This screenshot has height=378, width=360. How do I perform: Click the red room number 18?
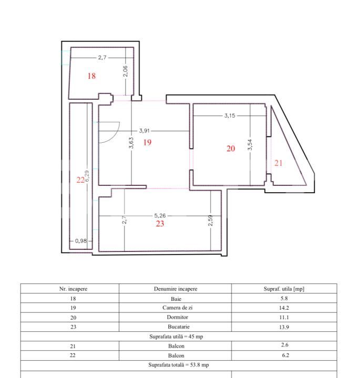tap(91, 76)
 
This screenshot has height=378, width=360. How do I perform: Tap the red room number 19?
tap(147, 142)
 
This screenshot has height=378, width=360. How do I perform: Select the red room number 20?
tap(231, 149)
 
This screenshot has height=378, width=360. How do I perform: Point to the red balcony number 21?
tap(278, 163)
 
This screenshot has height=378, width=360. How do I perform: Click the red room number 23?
tap(160, 224)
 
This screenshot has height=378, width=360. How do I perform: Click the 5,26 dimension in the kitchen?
tap(160, 215)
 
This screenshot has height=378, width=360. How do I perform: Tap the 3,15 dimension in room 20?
tap(230, 115)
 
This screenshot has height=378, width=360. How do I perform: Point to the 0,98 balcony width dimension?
tap(81, 240)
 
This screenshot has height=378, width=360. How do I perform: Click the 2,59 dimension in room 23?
tap(210, 221)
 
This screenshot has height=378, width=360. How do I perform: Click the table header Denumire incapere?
tap(175, 289)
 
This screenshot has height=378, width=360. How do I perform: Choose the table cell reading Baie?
tap(175, 298)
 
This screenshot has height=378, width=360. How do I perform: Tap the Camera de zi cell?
tap(175, 308)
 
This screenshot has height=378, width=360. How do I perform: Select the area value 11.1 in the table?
tap(284, 317)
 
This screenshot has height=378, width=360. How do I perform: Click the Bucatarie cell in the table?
tap(175, 327)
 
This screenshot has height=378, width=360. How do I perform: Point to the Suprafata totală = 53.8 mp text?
tap(179, 364)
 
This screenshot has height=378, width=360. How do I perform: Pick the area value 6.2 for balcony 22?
tap(284, 354)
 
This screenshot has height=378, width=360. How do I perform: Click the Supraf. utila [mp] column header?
tap(284, 289)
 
